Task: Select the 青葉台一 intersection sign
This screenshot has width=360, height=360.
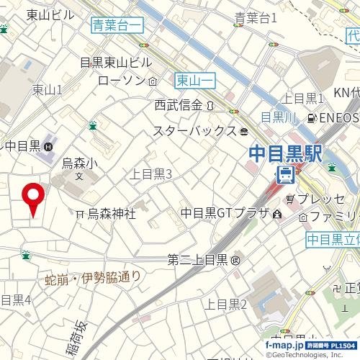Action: click(117, 26)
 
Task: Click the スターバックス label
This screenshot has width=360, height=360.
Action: click(194, 131)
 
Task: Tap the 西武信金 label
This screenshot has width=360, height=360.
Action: click(179, 105)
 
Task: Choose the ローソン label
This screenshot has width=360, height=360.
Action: click(122, 80)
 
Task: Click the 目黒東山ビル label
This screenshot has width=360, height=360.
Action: click(115, 63)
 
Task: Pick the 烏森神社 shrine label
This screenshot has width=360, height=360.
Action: click(112, 214)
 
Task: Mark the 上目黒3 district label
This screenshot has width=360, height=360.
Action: click(150, 174)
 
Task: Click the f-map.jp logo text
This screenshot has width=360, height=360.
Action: click(284, 345)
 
